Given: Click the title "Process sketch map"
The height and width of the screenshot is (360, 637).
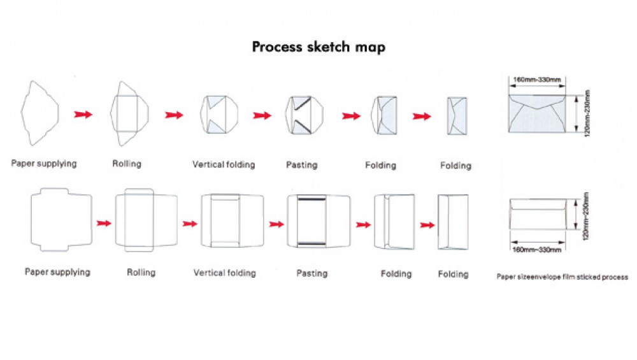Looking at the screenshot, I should (x=318, y=47).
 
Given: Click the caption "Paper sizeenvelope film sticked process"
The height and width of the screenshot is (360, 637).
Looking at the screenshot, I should (x=562, y=277).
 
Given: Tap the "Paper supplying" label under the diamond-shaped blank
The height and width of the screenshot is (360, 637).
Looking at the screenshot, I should (x=43, y=164).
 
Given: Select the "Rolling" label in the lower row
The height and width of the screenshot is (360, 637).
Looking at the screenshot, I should (x=141, y=273).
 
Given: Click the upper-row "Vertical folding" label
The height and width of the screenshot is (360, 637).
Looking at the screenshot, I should (x=224, y=165).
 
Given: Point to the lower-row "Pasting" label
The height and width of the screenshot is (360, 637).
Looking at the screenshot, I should (x=312, y=273).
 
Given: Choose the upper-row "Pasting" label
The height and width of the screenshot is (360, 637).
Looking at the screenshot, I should (x=301, y=166).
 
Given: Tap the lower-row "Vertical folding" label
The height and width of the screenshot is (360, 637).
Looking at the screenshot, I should (x=224, y=273).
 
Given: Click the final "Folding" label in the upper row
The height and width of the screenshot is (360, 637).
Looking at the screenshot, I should (x=455, y=166).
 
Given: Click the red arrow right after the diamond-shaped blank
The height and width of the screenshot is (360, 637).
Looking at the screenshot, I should (x=83, y=114).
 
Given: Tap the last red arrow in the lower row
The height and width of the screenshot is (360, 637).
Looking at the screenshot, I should (x=427, y=224).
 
